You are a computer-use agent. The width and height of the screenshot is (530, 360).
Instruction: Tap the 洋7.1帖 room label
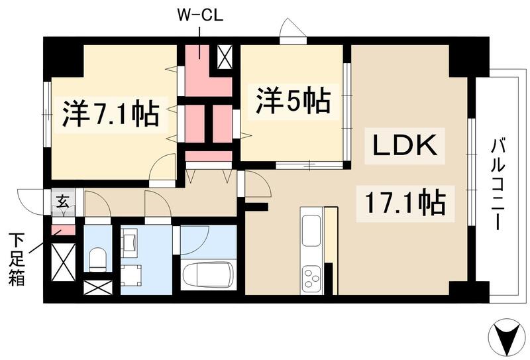(111, 114)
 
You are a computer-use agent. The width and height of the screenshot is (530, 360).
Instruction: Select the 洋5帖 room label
(291, 102)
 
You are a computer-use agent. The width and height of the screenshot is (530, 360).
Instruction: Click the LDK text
(403, 146)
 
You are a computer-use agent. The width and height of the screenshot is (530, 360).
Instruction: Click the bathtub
(207, 274)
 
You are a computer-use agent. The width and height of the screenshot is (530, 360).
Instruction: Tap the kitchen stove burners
(310, 277)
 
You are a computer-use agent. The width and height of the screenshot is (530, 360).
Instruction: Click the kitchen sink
(310, 229)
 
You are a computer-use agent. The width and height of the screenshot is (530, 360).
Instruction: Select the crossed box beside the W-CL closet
(225, 58)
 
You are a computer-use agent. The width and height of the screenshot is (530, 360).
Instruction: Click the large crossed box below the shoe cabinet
(63, 263)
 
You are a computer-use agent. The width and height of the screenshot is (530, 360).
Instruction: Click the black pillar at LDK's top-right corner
(467, 60)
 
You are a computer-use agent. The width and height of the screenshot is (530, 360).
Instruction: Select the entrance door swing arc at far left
(30, 200)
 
